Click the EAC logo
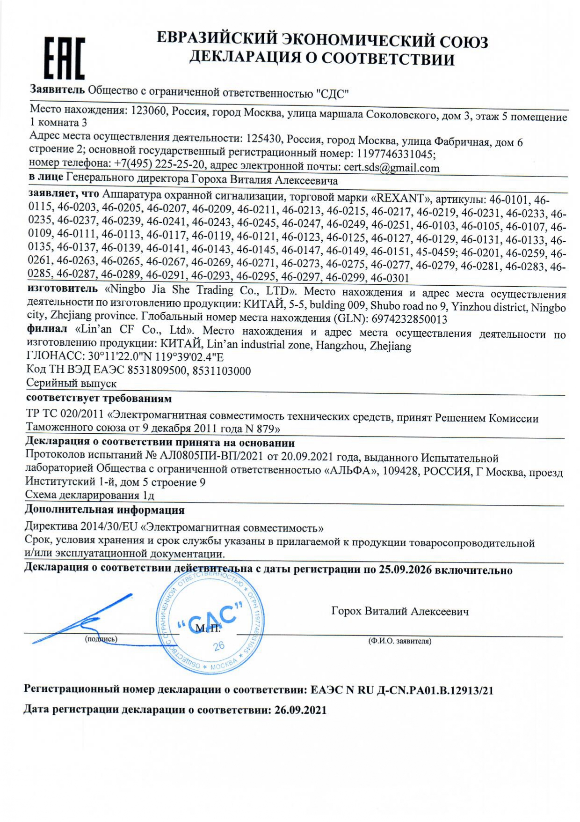pyautogui.click(x=64, y=58)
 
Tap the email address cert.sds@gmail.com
pyautogui.click(x=391, y=168)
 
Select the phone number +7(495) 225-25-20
pyautogui.click(x=159, y=164)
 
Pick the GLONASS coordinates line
pyautogui.click(x=125, y=357)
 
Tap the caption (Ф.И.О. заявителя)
pyautogui.click(x=399, y=641)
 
